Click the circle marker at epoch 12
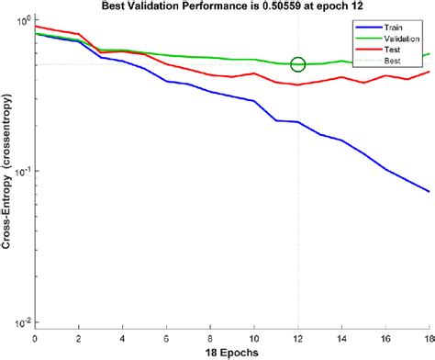[x=297, y=64]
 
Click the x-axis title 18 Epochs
[x=231, y=352]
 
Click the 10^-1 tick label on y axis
[x=20, y=171]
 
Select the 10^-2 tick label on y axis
[x=20, y=322]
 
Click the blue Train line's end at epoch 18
[x=429, y=191]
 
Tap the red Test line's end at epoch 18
[x=429, y=72]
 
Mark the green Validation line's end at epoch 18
[x=429, y=54]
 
